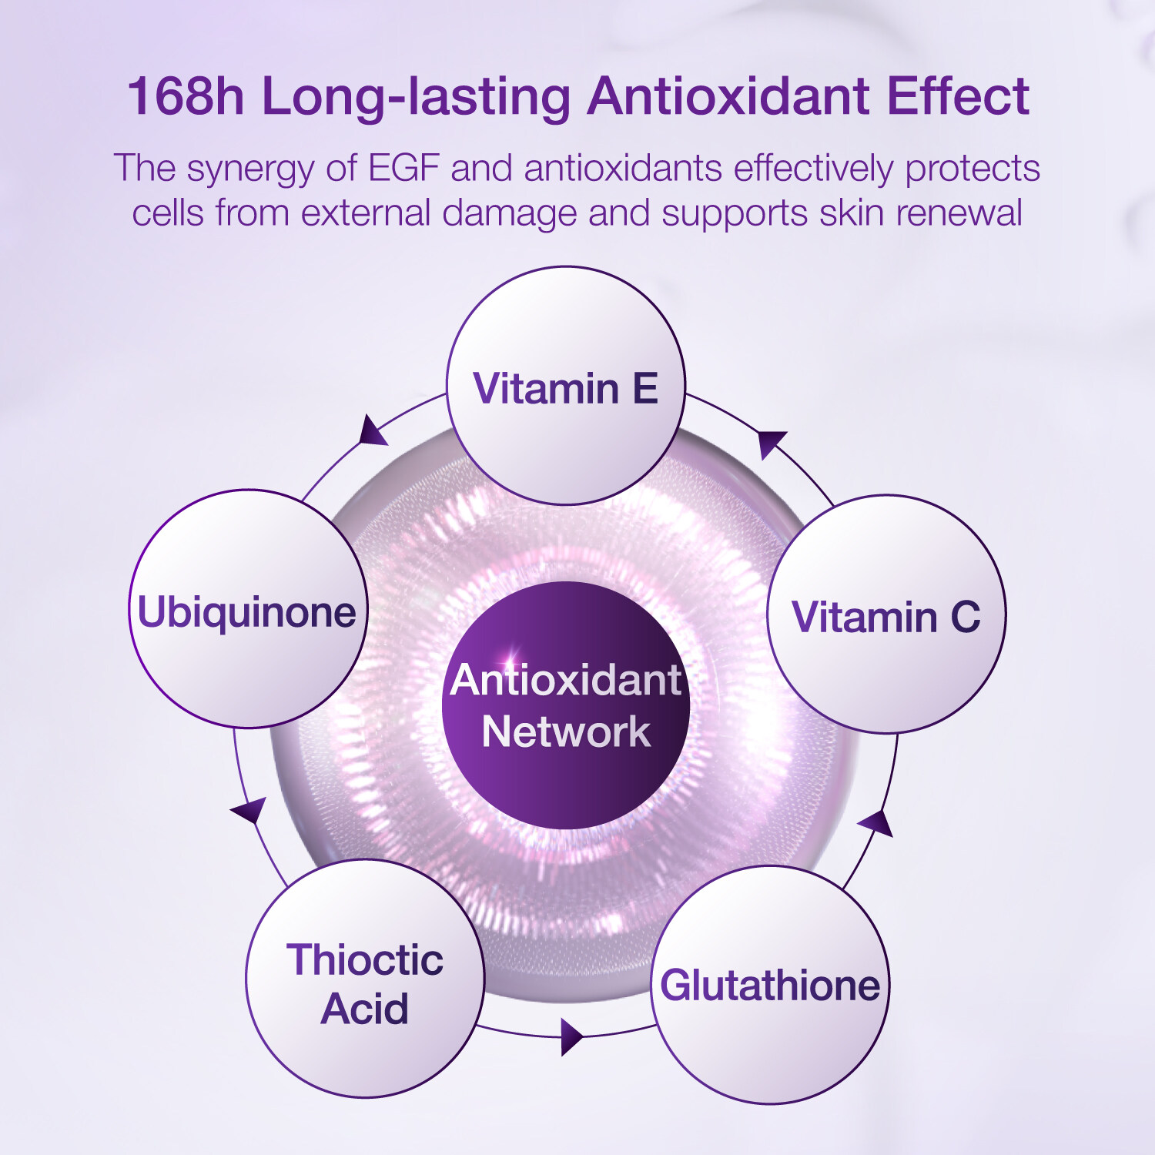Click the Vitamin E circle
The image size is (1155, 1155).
tap(566, 386)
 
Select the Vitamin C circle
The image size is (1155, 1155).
tap(887, 614)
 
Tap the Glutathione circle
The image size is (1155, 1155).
tap(771, 985)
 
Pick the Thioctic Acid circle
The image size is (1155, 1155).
tap(366, 979)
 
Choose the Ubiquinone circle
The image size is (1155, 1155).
tap(248, 609)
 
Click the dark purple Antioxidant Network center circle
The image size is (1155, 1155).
tap(566, 705)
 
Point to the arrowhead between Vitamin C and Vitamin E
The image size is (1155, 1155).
tap(771, 444)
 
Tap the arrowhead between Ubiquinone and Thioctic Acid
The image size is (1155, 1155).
tap(249, 810)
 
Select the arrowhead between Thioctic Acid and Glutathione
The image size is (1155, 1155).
tap(571, 1037)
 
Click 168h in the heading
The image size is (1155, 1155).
tap(186, 96)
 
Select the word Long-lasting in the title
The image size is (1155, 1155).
tap(417, 98)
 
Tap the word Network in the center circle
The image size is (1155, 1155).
tap(566, 731)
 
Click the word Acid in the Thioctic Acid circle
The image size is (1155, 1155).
tap(365, 1009)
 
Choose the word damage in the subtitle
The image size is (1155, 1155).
tap(509, 214)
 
